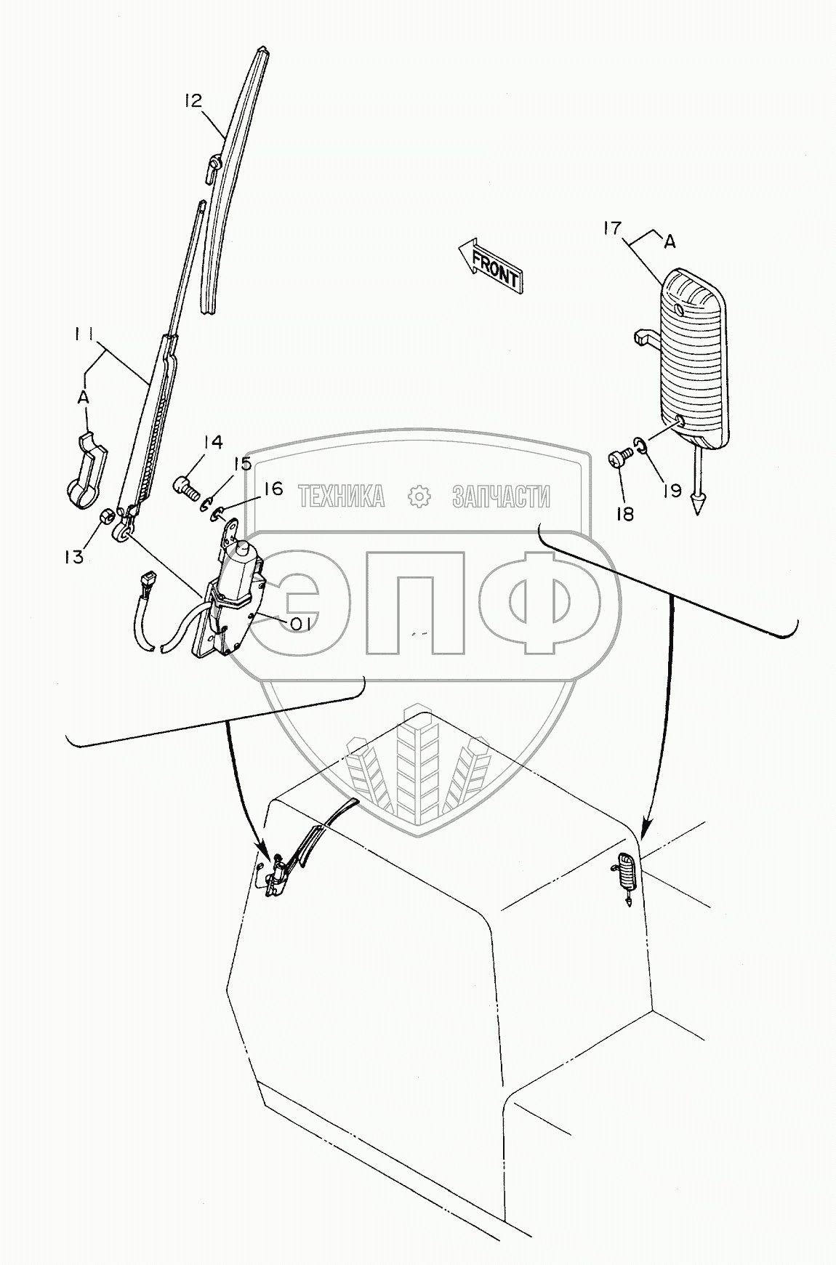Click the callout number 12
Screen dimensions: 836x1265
click(192, 101)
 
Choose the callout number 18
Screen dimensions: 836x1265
click(624, 514)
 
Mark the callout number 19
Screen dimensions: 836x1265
click(671, 491)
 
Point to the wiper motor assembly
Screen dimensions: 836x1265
click(230, 596)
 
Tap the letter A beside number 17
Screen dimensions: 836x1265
click(670, 241)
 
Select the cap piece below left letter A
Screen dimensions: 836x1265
click(87, 472)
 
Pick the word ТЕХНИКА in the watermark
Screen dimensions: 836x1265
click(341, 497)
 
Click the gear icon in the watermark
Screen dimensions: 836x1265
click(418, 497)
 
